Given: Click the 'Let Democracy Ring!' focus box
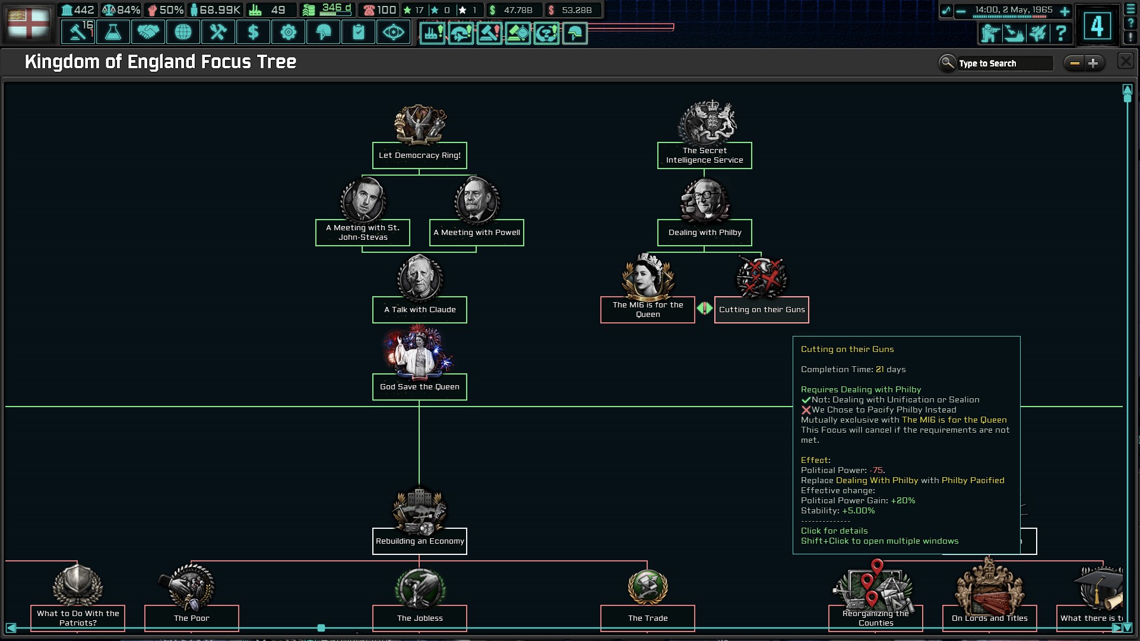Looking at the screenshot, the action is [x=419, y=156].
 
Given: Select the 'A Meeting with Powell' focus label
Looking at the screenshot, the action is [x=476, y=233].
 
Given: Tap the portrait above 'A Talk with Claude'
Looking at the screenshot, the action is [x=420, y=278].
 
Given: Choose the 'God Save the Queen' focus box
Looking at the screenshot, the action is [x=419, y=387].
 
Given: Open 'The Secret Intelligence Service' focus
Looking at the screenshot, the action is [x=704, y=156].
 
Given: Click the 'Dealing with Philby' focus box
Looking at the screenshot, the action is [x=704, y=233].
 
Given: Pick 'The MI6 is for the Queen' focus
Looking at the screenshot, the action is [x=647, y=310].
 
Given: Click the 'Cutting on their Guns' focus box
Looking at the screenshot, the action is [x=761, y=310].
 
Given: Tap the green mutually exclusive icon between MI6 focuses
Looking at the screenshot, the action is [x=704, y=309].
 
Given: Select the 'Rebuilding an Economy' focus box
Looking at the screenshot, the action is [x=419, y=541].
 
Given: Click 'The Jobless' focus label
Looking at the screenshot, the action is [x=419, y=618].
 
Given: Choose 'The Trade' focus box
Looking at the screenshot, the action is [x=647, y=618].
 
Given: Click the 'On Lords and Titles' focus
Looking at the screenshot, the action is [x=989, y=618].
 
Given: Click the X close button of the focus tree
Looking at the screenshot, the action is [x=1125, y=61].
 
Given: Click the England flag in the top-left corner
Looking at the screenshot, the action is [x=28, y=23].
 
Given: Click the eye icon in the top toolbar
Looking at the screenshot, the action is [x=393, y=32].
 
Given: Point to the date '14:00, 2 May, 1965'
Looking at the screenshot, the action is [x=1014, y=10].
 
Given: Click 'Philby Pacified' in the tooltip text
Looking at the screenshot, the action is [x=973, y=481].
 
